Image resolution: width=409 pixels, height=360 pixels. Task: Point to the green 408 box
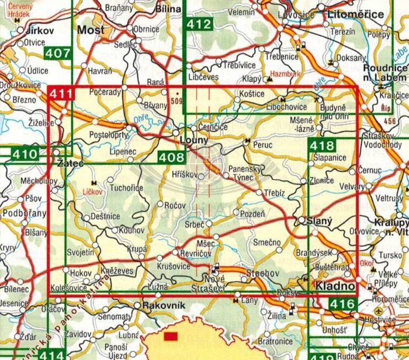tap(171, 156)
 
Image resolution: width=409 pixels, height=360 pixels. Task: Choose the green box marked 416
tap(341, 303)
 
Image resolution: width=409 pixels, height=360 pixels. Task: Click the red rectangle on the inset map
tap(171, 337)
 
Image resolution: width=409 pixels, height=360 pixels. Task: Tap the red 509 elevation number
tap(176, 99)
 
